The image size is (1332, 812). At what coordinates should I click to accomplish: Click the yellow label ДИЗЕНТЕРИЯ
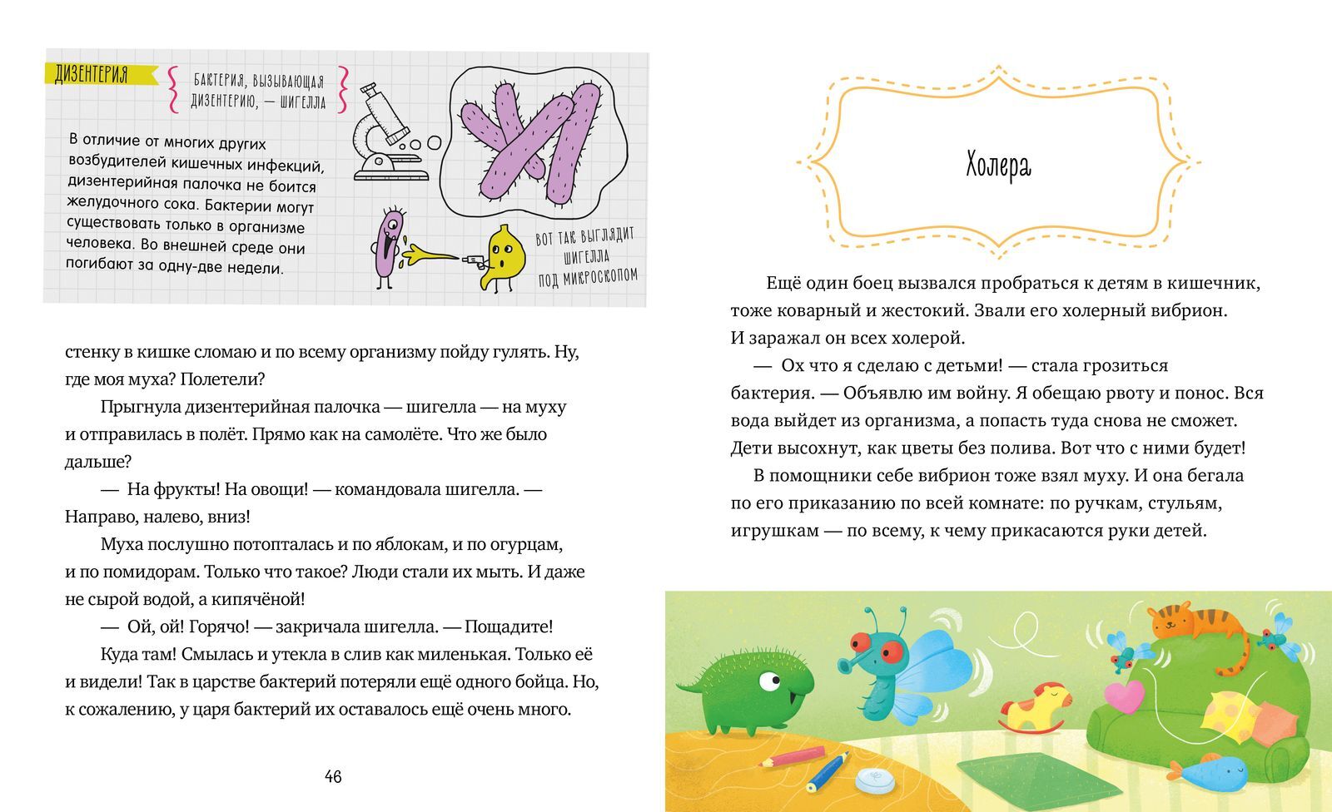click(92, 75)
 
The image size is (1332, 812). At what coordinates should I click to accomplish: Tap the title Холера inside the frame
click(998, 166)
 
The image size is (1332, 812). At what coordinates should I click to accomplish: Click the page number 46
click(333, 777)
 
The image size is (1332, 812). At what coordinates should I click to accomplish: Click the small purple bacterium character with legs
click(388, 245)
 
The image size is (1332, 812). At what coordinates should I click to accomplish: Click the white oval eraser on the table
click(876, 780)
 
